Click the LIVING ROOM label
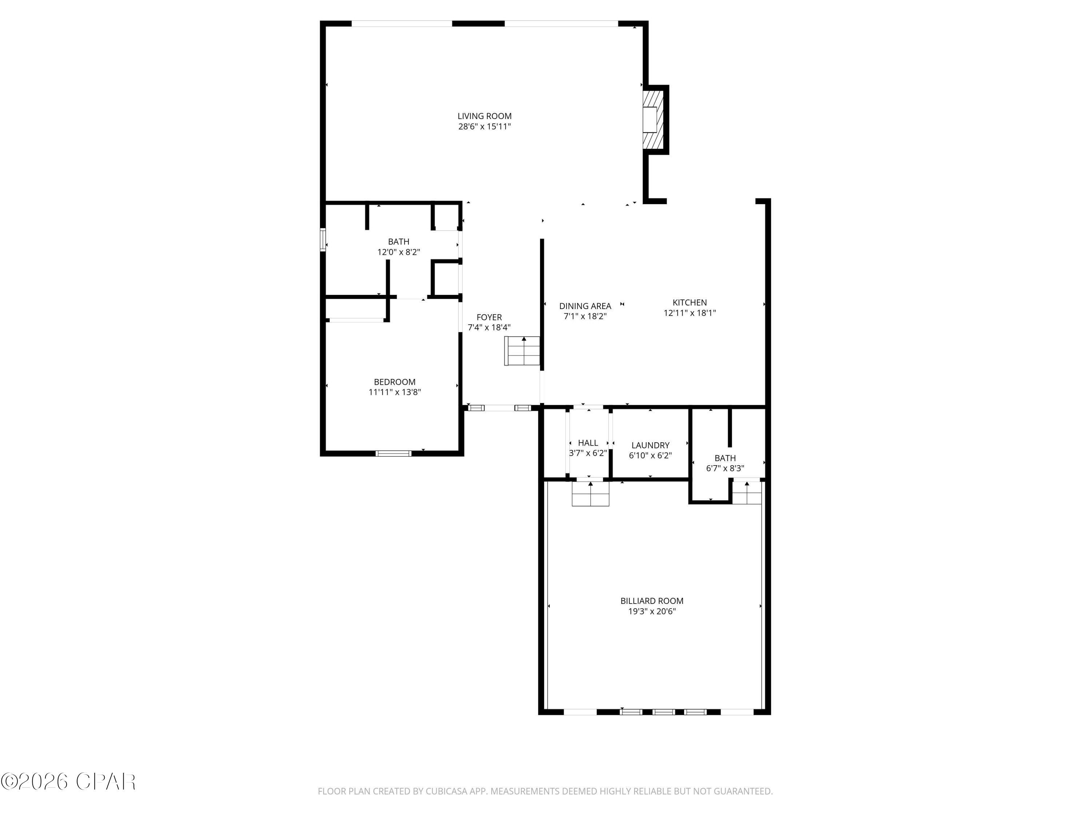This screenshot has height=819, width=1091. (x=484, y=116)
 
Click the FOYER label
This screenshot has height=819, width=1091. (x=489, y=317)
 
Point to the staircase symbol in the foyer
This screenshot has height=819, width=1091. (x=522, y=351)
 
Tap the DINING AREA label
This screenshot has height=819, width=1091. (x=585, y=306)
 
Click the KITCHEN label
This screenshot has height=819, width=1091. (x=690, y=302)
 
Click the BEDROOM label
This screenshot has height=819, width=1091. (x=395, y=382)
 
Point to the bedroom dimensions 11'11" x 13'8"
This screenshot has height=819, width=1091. (x=395, y=392)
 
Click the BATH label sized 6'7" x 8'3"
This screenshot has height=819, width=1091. (x=725, y=458)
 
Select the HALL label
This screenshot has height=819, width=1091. (x=588, y=443)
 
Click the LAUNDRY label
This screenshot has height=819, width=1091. (x=650, y=445)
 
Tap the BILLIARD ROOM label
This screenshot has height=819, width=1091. (x=652, y=601)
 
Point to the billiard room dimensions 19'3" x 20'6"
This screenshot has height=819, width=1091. (x=652, y=612)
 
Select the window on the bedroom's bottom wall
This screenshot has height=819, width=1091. (x=393, y=453)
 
